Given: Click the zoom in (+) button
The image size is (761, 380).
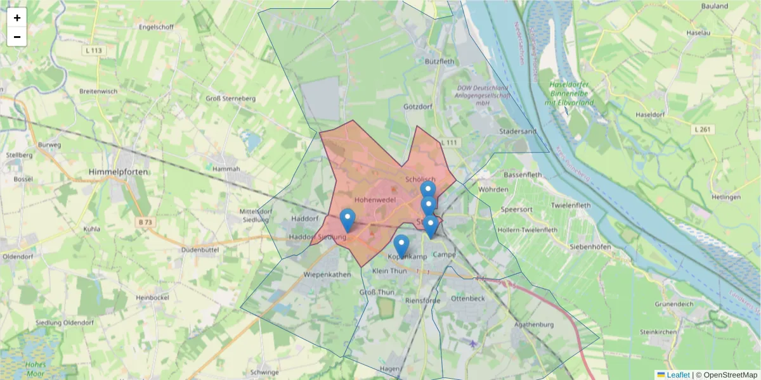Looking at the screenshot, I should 17,18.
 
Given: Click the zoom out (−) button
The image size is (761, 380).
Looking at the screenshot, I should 17,37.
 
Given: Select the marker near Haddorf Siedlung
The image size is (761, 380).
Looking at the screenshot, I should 347,220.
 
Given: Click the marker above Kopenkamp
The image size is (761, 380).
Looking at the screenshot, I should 401,246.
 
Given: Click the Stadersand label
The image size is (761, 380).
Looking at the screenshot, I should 518,132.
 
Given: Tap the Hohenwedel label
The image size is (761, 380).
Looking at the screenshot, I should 375,199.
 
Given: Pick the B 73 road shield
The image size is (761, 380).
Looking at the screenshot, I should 145,222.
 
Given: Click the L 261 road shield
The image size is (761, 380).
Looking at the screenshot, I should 703,130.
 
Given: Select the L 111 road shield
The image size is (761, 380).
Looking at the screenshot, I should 448,142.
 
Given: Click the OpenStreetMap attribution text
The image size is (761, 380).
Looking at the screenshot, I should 730,375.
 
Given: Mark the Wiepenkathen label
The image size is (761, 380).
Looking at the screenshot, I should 327,275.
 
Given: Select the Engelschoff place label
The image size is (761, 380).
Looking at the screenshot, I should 157,27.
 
